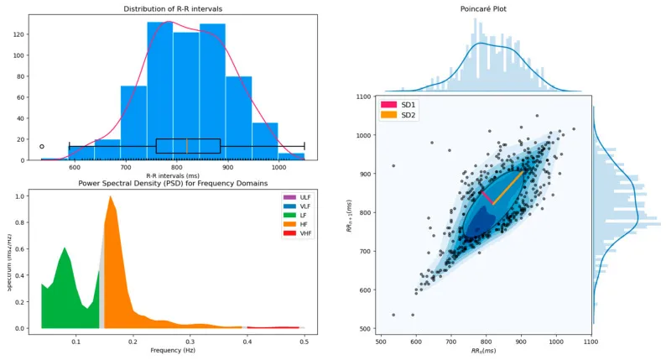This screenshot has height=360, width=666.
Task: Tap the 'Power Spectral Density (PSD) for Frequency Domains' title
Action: (173, 183)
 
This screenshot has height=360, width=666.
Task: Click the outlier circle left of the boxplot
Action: (42, 146)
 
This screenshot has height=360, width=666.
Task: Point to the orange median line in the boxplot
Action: (186, 146)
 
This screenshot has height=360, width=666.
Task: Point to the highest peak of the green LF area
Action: (65, 248)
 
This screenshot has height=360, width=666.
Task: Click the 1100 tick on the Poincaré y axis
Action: (363, 97)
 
